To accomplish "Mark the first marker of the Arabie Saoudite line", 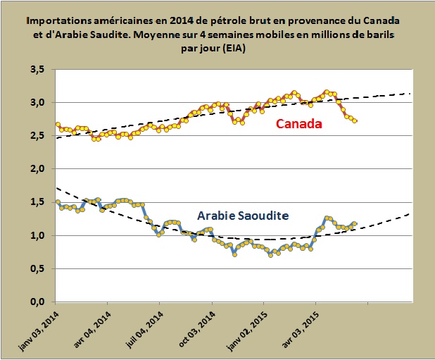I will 58,202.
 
